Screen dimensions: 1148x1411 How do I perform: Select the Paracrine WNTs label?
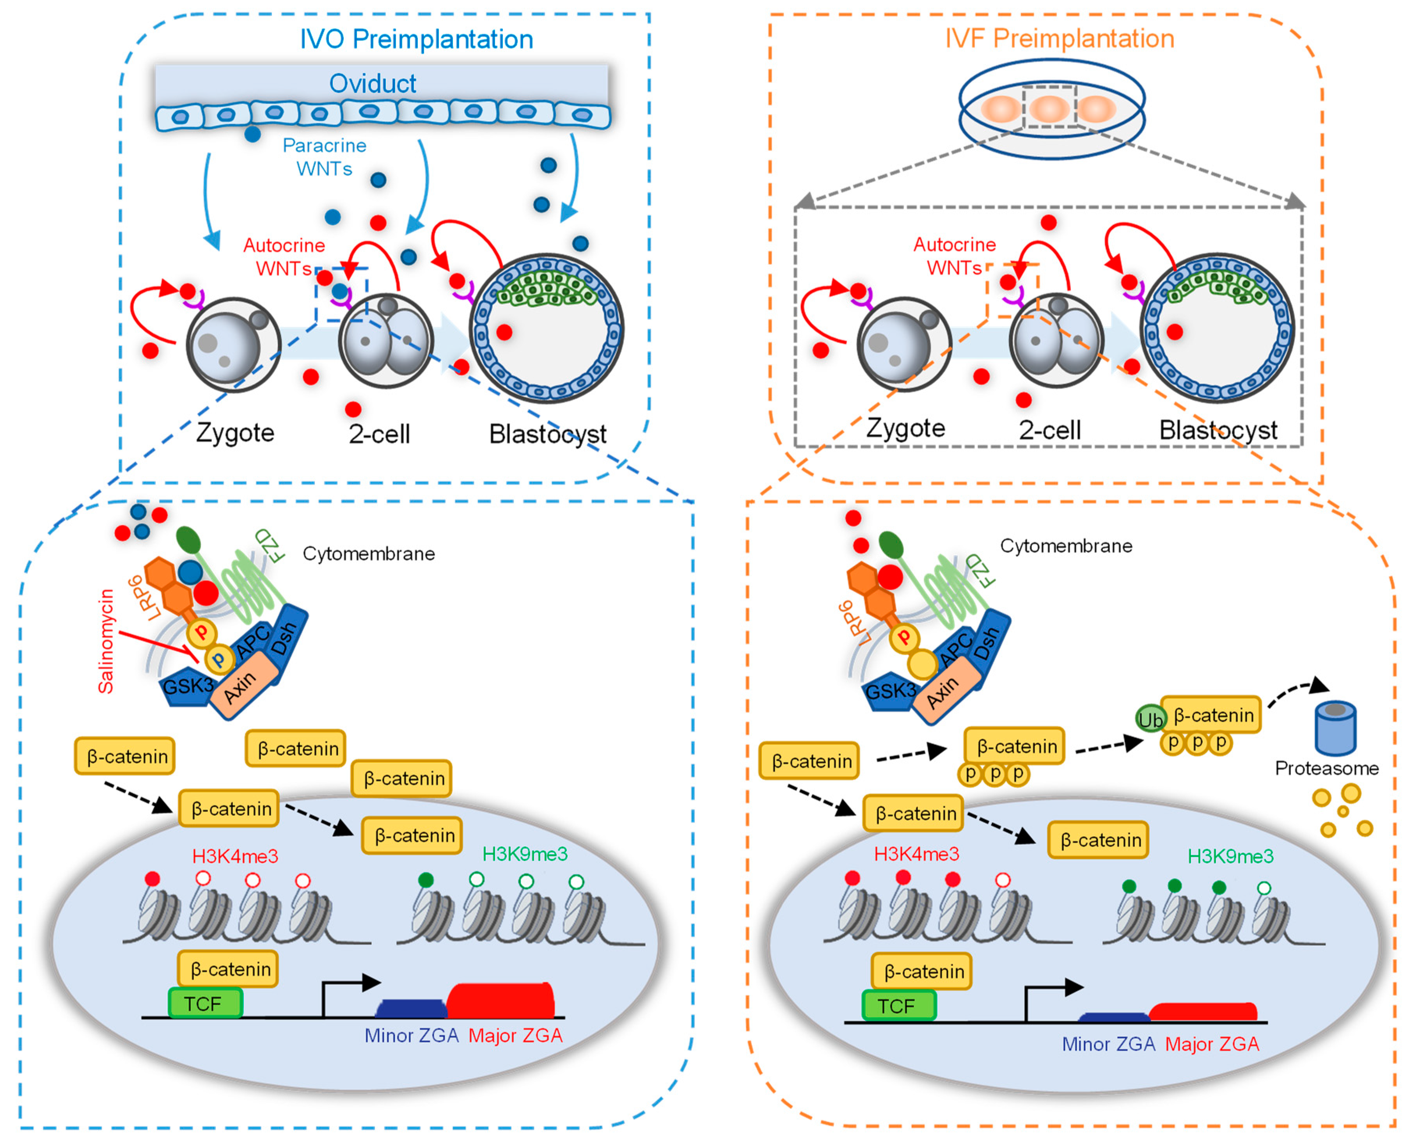324,157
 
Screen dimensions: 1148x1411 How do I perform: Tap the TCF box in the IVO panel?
205,1003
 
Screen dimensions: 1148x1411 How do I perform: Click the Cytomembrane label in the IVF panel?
1065,546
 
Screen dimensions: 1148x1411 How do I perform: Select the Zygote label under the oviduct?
235,432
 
